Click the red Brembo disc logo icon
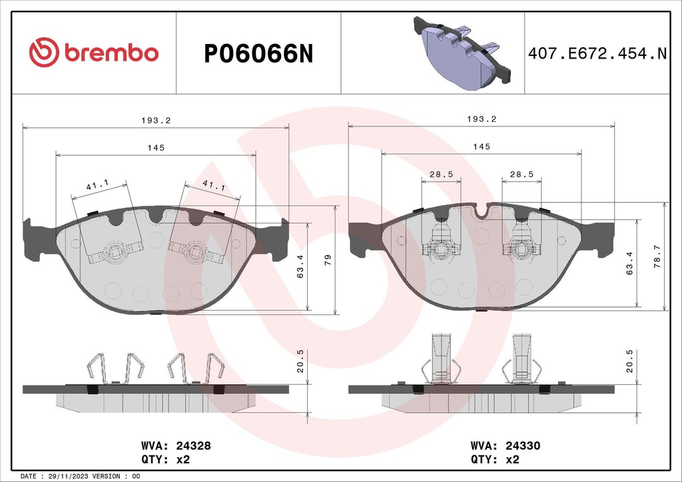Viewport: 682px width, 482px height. (44, 53)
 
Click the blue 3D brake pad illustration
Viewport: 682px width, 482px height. (460, 53)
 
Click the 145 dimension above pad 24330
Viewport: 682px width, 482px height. (482, 146)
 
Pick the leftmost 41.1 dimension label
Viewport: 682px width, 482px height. (98, 188)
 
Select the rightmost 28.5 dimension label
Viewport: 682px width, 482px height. (521, 174)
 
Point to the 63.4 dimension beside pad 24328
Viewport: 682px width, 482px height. (300, 266)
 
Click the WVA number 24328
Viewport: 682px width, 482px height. (193, 447)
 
